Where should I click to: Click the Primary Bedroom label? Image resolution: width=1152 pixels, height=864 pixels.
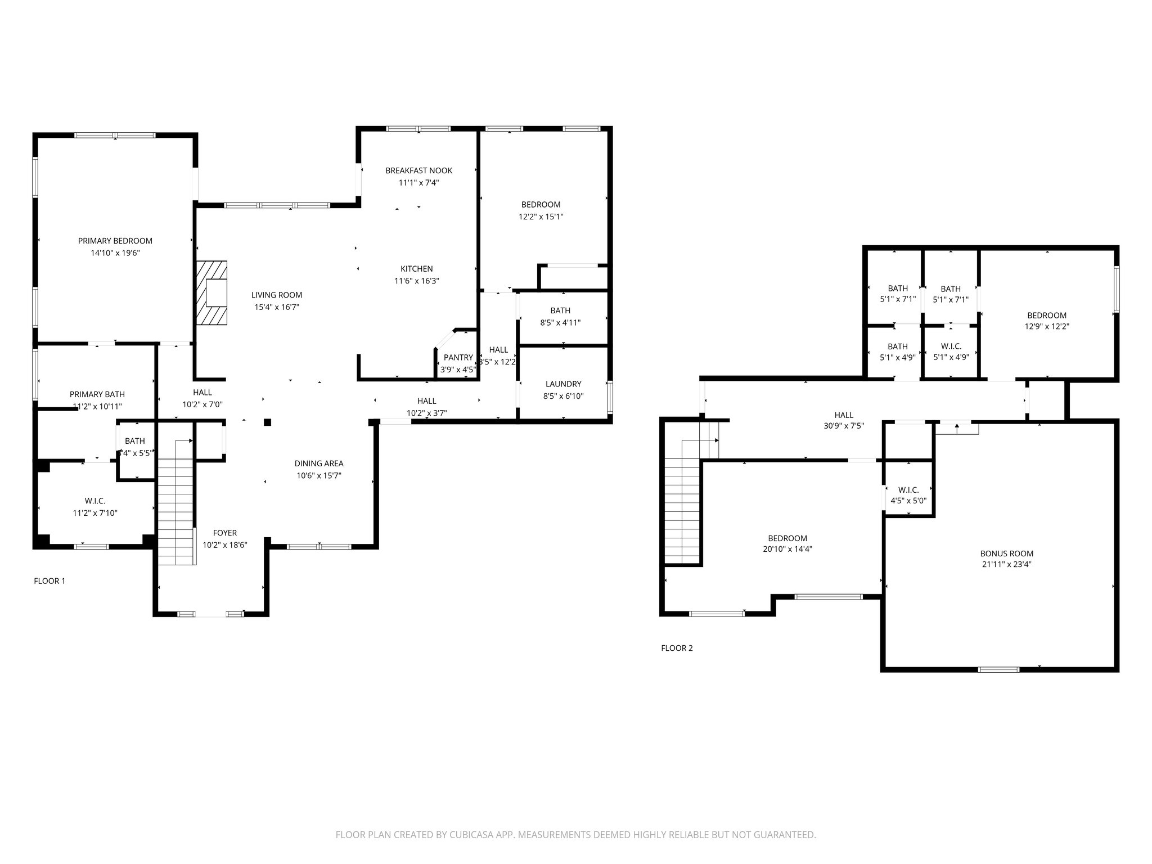115,241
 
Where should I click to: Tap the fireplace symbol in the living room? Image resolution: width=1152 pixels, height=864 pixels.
212,292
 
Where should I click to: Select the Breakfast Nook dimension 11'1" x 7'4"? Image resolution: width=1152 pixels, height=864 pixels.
418,183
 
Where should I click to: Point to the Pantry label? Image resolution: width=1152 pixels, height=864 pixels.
458,358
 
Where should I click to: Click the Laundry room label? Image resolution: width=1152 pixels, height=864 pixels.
563,384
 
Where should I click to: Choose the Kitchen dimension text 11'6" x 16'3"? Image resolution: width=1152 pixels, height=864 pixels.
416,281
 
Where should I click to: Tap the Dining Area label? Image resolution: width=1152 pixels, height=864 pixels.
319,463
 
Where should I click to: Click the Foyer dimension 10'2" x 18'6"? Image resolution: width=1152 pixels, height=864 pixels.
225,545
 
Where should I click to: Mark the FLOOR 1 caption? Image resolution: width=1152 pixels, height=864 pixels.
49,581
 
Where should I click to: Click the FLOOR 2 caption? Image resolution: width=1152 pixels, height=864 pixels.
677,648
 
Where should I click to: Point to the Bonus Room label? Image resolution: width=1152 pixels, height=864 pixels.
1006,553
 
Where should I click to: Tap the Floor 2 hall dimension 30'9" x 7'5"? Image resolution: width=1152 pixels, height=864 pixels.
844,426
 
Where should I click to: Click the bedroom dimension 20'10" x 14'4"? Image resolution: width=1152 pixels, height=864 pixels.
787,550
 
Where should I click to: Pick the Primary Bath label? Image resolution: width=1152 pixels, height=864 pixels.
97,394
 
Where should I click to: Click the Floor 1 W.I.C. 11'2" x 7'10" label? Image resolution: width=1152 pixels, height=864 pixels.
95,501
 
